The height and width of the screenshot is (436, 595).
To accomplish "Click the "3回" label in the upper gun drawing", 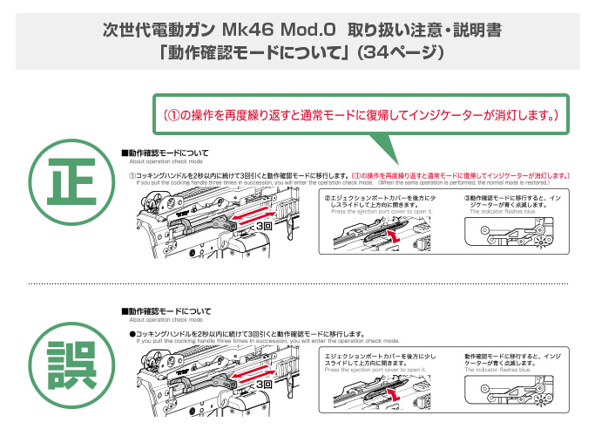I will [x=264, y=225].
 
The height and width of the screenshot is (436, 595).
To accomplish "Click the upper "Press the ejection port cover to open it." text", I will [x=380, y=212].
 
